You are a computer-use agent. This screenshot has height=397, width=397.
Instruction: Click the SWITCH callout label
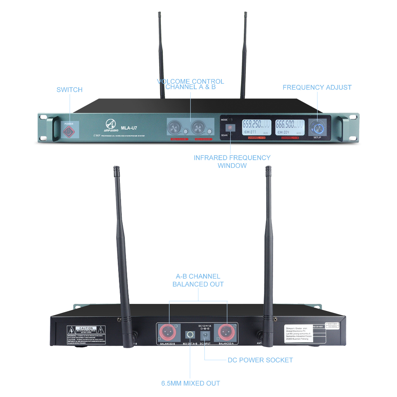click(69, 90)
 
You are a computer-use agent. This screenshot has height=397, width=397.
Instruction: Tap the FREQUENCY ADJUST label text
click(317, 87)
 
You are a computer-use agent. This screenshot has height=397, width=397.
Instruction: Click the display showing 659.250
click(256, 127)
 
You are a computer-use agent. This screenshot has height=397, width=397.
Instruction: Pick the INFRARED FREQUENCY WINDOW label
click(232, 161)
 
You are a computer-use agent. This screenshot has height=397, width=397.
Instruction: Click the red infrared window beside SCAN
click(230, 127)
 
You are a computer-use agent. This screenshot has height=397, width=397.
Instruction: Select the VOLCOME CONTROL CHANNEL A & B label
click(190, 84)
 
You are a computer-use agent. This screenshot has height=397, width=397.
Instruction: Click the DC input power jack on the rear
click(204, 335)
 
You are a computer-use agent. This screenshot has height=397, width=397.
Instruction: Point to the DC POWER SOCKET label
click(260, 360)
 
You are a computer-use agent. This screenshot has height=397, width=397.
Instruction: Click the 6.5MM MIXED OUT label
click(190, 383)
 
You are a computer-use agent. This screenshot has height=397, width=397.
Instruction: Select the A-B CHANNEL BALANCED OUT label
click(198, 280)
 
